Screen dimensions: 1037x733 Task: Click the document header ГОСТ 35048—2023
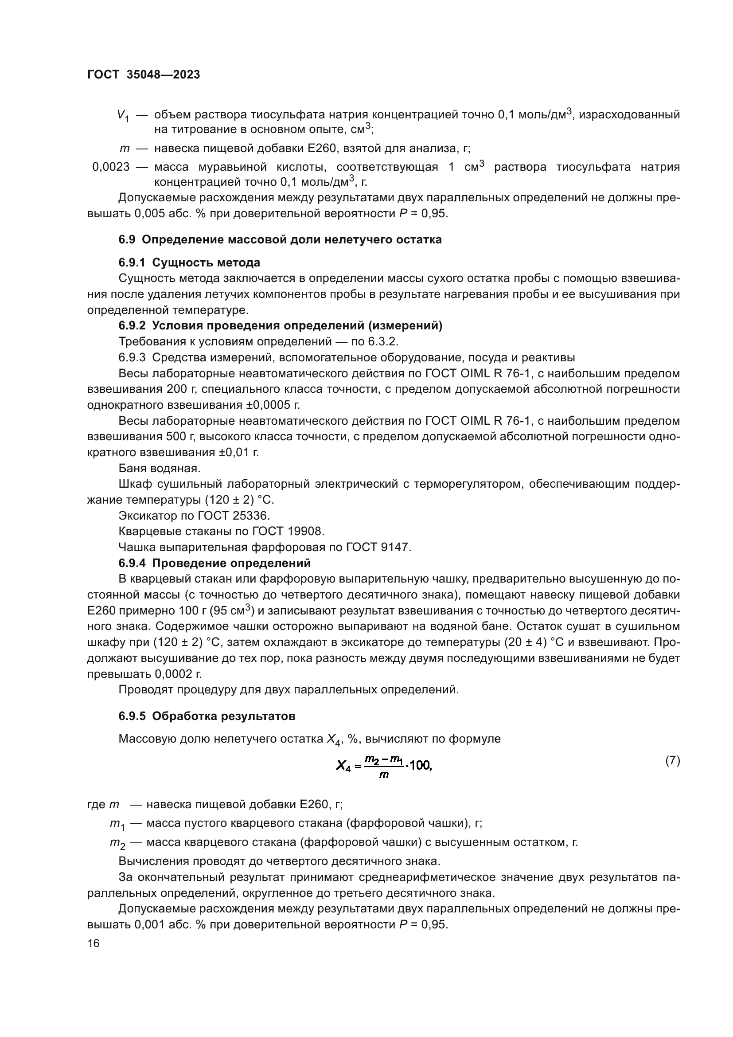tap(144, 75)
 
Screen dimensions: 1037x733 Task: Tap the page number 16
tap(94, 943)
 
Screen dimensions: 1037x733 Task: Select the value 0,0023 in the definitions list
tap(111, 167)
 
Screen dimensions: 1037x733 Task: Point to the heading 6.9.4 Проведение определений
tap(214, 563)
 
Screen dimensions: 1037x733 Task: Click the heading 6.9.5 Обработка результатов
tap(207, 716)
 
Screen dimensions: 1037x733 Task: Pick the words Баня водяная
tap(160, 468)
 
